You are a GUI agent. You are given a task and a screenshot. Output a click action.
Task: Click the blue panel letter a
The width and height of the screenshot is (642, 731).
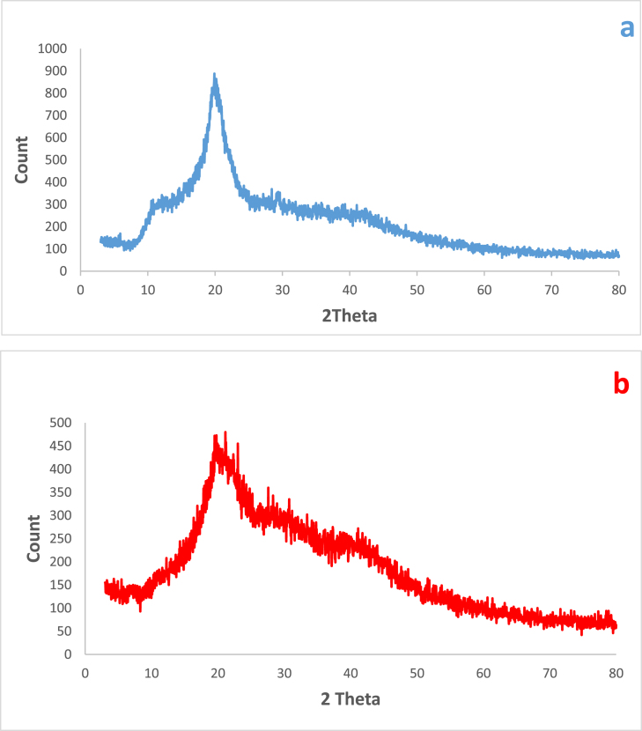tap(626, 28)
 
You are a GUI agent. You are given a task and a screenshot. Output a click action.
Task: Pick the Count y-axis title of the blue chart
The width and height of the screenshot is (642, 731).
tap(22, 159)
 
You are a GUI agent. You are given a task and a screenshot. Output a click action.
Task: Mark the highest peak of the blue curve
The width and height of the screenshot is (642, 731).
tap(214, 75)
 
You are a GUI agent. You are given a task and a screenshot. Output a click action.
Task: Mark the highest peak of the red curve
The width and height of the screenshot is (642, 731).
tap(225, 432)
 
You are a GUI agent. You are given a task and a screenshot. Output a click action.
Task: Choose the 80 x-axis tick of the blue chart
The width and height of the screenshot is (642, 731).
tap(618, 288)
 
